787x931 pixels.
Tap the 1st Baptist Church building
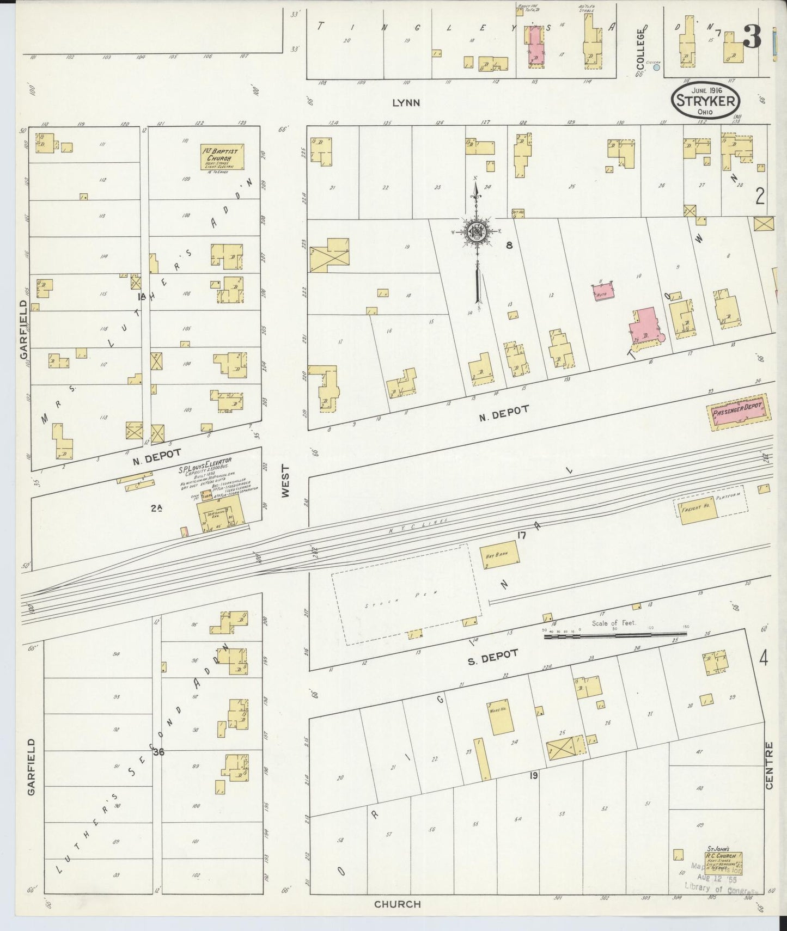222,157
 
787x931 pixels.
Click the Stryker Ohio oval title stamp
706,101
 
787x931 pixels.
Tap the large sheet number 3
752,37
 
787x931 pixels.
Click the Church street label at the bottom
397,904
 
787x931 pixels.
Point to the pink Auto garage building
603,291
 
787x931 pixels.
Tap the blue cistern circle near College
656,68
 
